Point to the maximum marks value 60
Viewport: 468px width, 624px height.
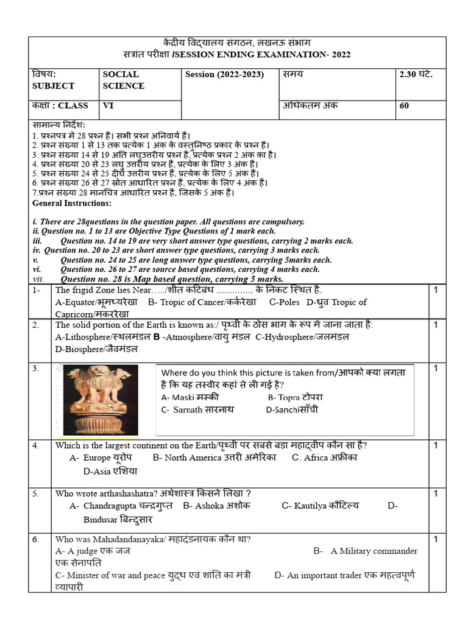[x=405, y=105]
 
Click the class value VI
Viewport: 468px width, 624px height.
[x=108, y=105]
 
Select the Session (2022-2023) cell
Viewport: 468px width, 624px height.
[x=224, y=74]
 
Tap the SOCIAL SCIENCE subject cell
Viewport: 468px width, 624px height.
[x=124, y=80]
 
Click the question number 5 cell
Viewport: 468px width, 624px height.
[x=37, y=494]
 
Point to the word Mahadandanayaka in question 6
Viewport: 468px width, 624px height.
[x=115, y=539]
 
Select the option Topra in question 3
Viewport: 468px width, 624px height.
[x=295, y=397]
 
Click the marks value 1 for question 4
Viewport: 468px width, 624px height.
[x=436, y=445]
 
